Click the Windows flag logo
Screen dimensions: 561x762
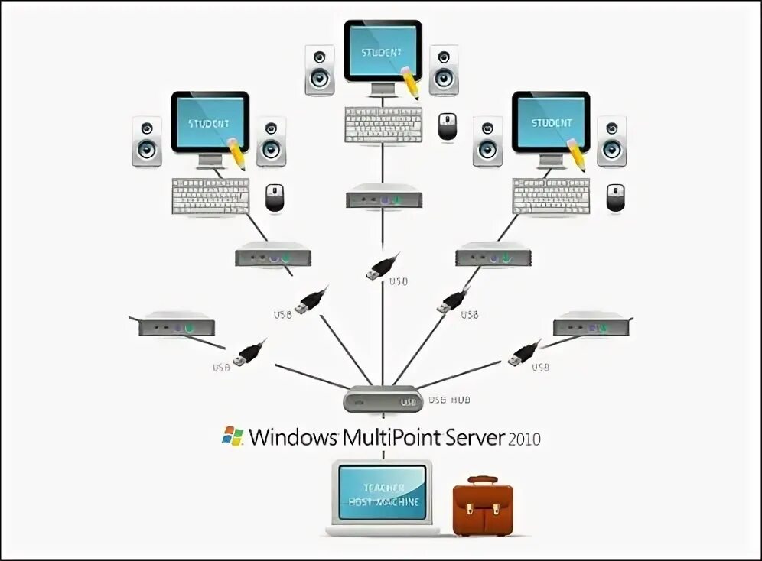[x=233, y=436]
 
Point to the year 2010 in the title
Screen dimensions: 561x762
[x=524, y=439]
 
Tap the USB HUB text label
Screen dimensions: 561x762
[x=449, y=400]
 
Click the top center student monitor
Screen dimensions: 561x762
[x=383, y=52]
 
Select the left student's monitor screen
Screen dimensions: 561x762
[x=210, y=122]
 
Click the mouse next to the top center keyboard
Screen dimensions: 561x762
[x=448, y=126]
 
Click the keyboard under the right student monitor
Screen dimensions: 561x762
[x=551, y=196]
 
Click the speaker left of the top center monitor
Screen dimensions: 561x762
[x=320, y=70]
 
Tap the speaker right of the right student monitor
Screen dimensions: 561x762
[x=611, y=141]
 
